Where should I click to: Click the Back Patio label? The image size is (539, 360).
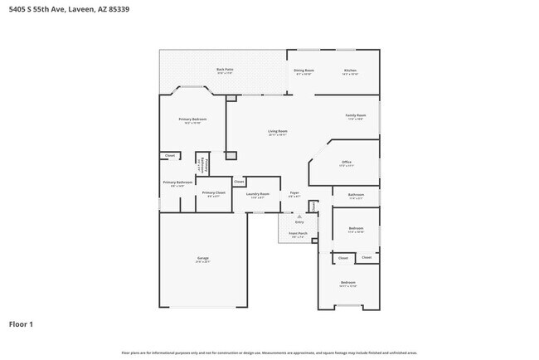point(224,70)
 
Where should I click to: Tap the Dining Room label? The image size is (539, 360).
point(303,71)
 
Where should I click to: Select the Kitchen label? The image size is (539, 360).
point(351,71)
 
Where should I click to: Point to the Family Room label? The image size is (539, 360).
point(357,115)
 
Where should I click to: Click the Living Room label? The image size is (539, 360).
point(277,132)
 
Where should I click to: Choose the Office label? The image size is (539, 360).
point(347,162)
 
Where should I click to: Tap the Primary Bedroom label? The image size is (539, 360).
point(192,119)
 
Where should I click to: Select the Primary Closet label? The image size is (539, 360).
point(213,192)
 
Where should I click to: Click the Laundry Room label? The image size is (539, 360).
point(260,194)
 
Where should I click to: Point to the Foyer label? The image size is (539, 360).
point(294,193)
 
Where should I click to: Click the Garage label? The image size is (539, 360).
point(202,259)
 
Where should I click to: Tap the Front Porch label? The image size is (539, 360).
point(299,234)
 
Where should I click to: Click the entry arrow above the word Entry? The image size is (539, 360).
point(299,216)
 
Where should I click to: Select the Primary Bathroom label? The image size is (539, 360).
point(177,182)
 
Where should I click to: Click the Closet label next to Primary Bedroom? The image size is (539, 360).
point(170,155)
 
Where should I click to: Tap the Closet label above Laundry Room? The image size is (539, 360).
point(239,181)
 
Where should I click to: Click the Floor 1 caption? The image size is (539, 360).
point(22,324)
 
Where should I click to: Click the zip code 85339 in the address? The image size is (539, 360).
point(120,9)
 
